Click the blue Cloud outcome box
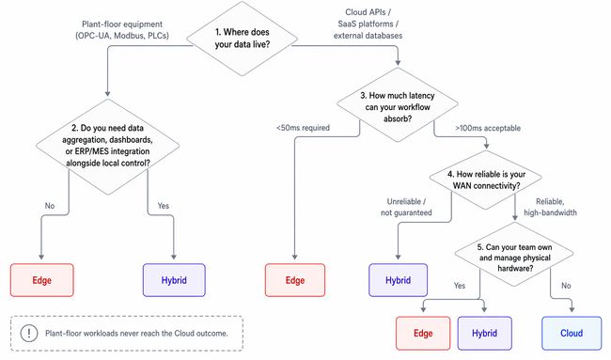pos(572,334)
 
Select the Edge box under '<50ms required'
pos(295,280)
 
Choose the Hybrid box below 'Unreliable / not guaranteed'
pos(397,280)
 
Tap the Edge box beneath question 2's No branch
pos(42,280)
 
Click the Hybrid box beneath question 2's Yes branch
pos(172,280)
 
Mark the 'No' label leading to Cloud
pos(566,286)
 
